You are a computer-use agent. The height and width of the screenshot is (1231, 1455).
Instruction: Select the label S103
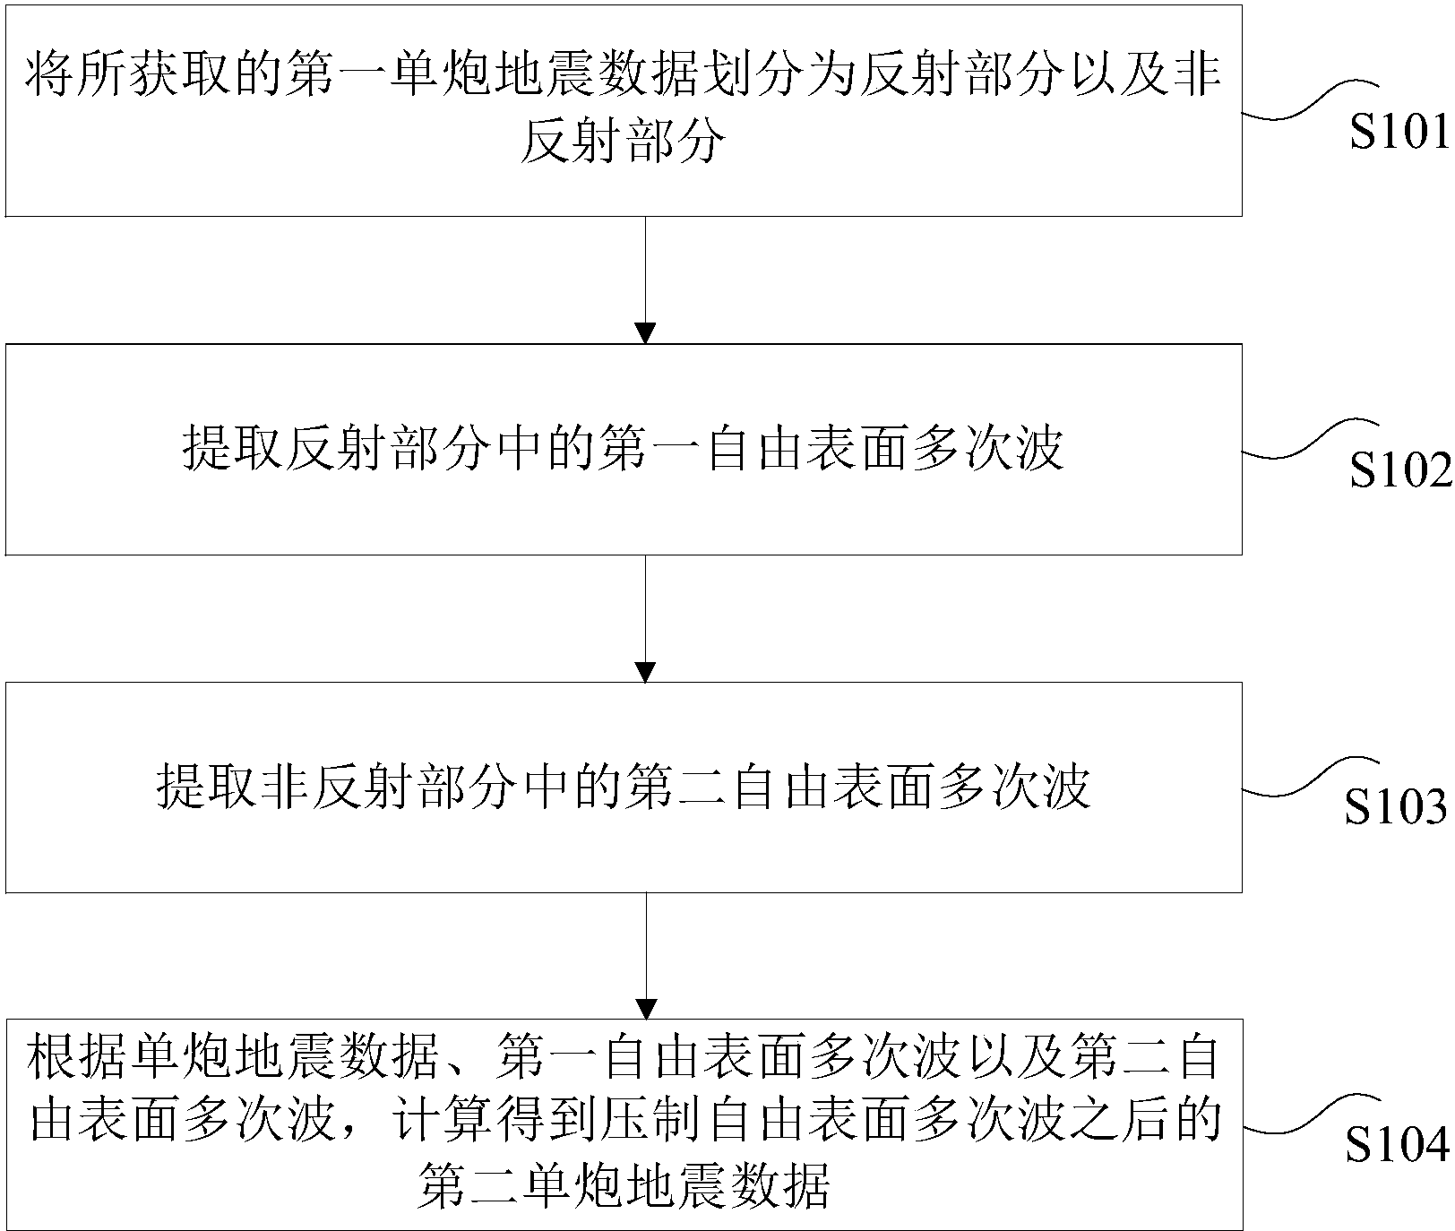[1396, 808]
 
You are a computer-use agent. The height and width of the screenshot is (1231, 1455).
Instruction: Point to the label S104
[1396, 1145]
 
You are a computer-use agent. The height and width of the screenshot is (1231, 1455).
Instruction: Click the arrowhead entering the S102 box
[645, 332]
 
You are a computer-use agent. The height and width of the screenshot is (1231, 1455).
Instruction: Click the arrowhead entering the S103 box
[645, 671]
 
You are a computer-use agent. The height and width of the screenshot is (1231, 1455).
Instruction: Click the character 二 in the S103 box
[704, 788]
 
